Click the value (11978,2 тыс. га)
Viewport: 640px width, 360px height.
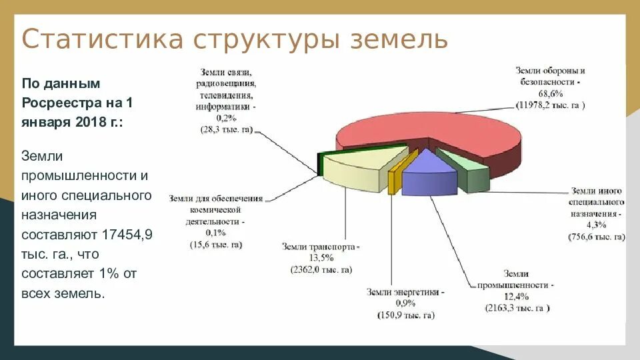551,105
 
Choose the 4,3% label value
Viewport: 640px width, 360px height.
596,225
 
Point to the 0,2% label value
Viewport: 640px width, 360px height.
226,118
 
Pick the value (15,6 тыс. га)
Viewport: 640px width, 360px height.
216,244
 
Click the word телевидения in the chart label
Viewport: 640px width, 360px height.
226,95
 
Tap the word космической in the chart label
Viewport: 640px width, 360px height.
217,209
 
